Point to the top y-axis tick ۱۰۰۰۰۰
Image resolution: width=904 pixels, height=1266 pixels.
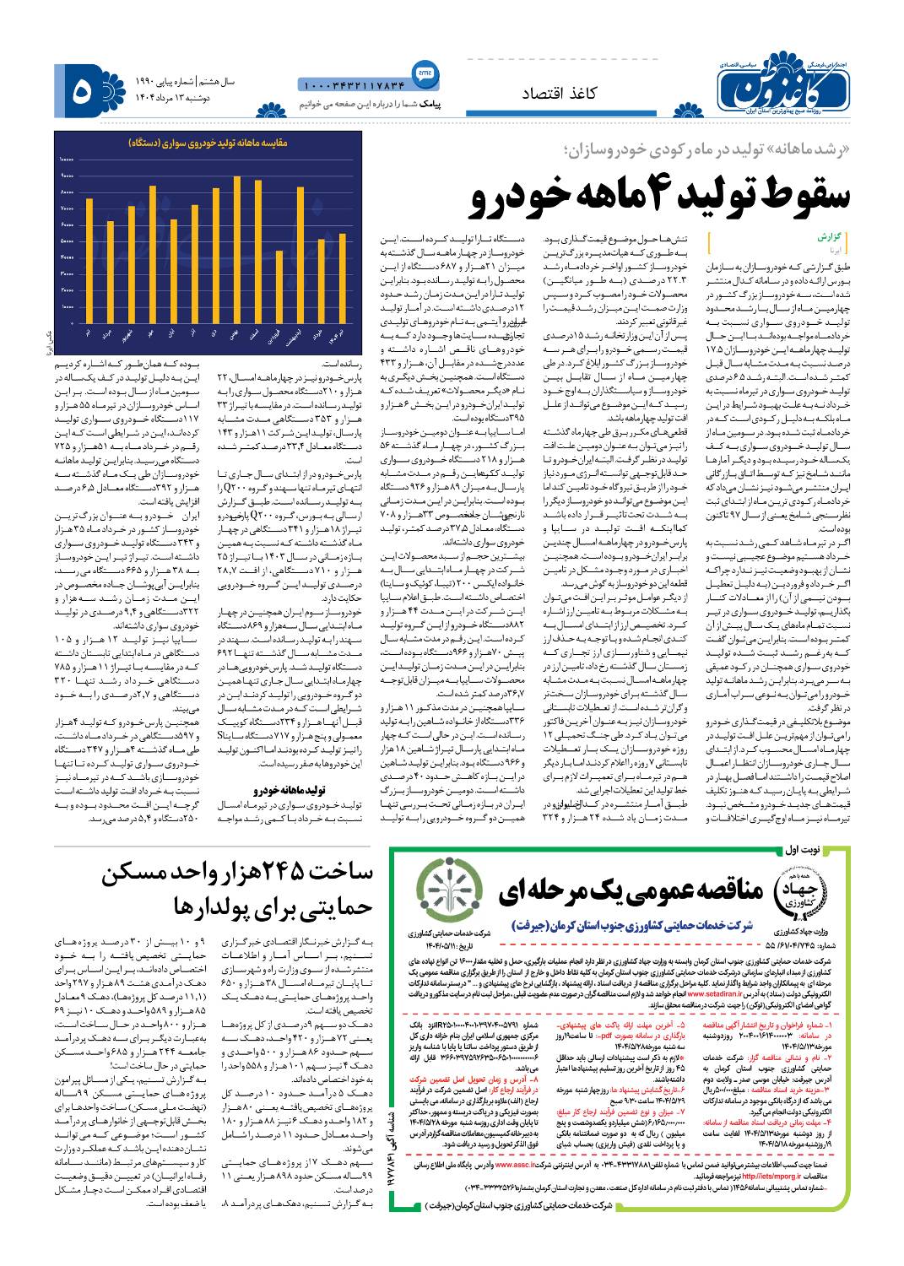[x=66, y=159]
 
